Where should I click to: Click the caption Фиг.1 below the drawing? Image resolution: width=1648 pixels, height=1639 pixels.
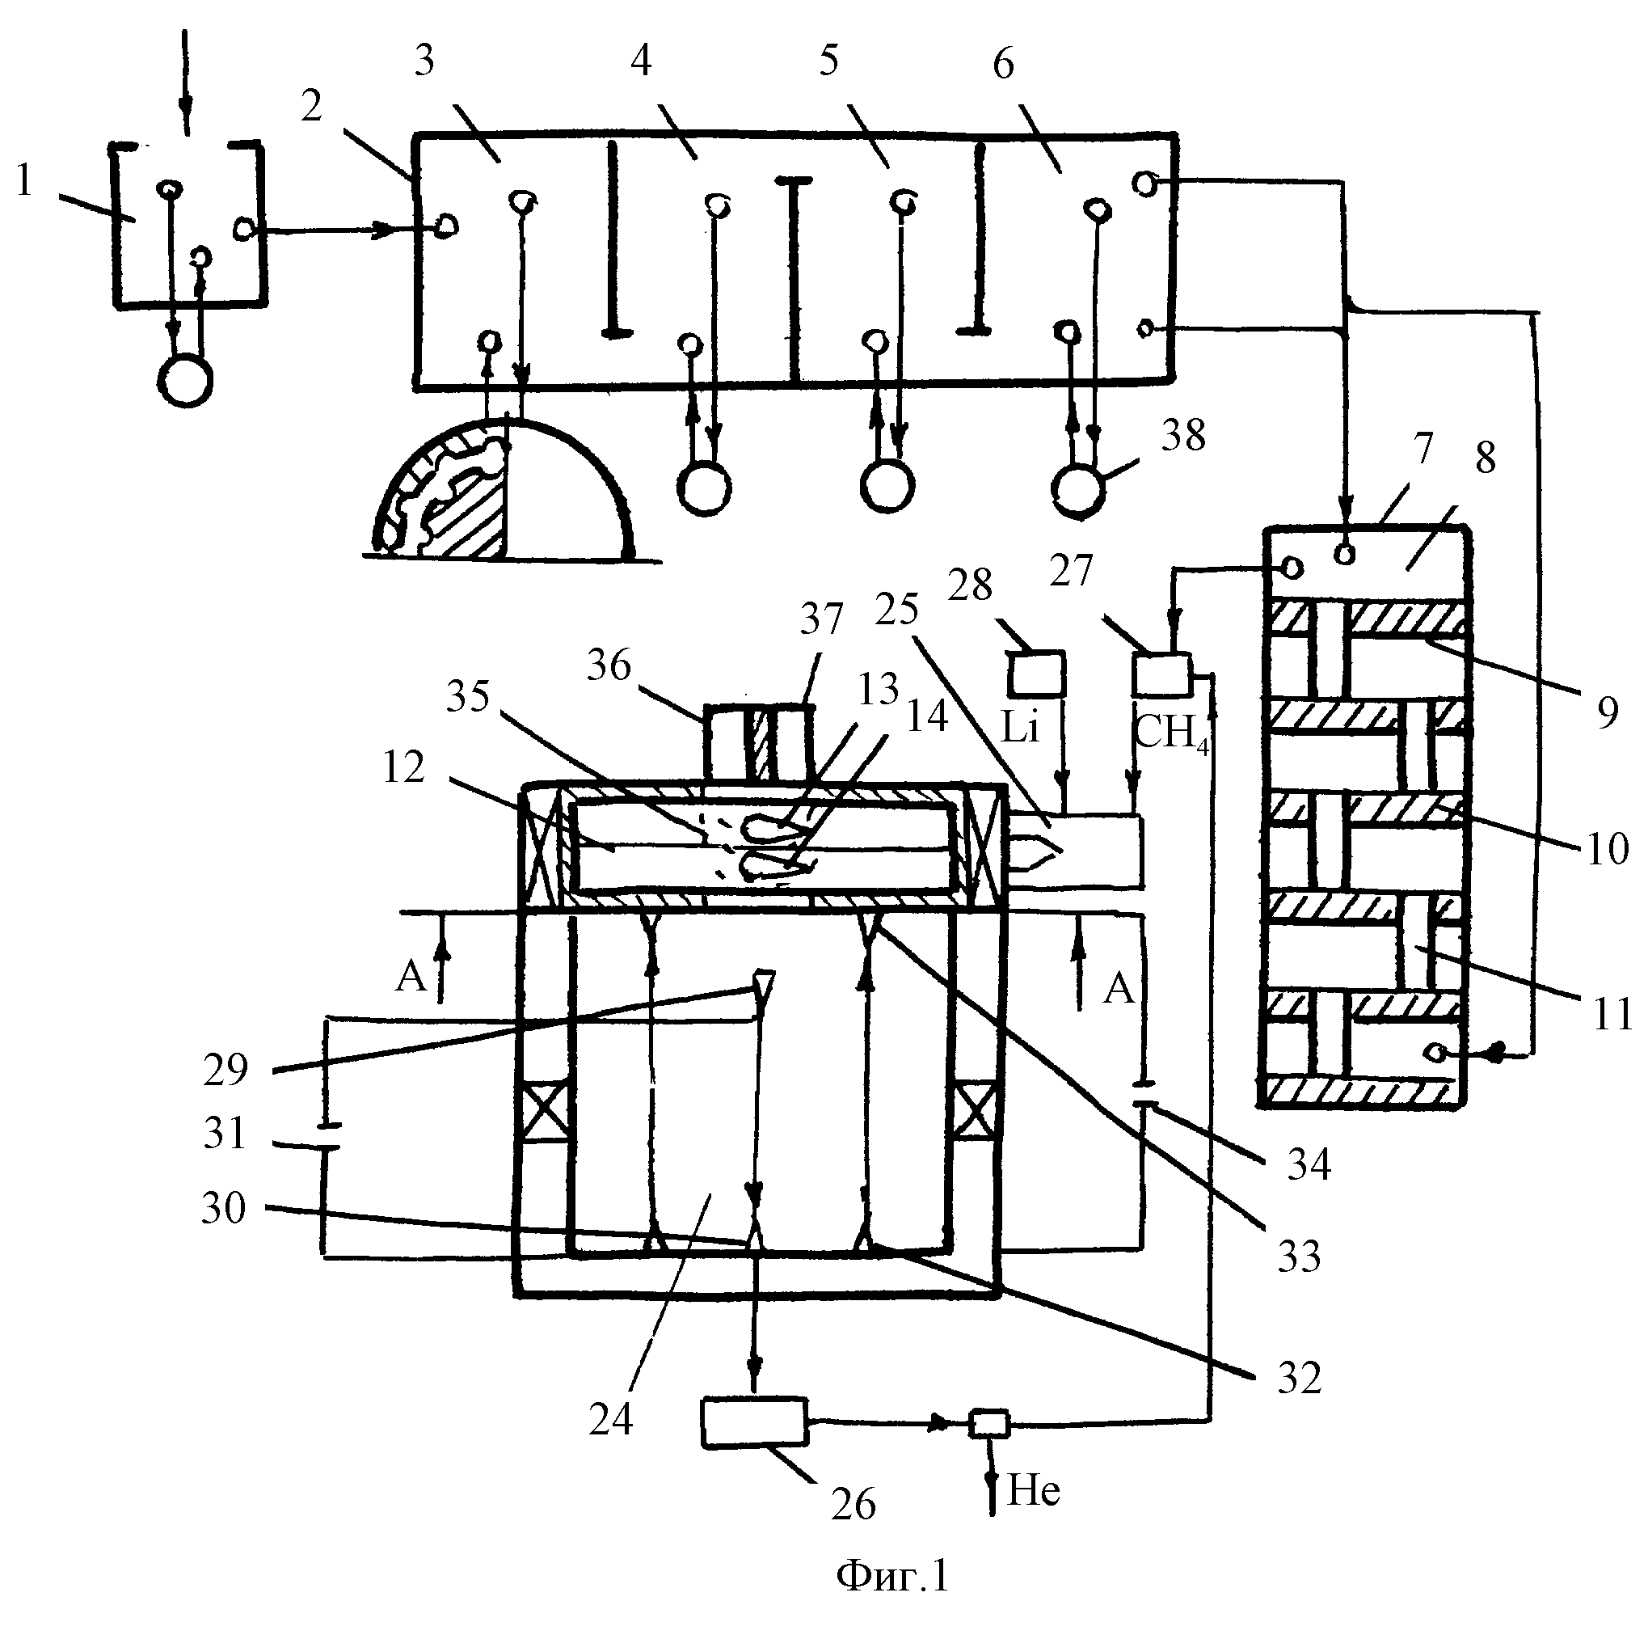pyautogui.click(x=893, y=1575)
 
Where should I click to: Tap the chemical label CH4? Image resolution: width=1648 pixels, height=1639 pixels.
pyautogui.click(x=1171, y=732)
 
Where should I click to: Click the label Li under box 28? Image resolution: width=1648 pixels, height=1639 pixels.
pyautogui.click(x=1020, y=727)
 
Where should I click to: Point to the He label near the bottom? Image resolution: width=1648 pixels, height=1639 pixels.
pyautogui.click(x=1034, y=1490)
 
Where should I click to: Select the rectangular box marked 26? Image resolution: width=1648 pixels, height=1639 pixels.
pyautogui.click(x=754, y=1422)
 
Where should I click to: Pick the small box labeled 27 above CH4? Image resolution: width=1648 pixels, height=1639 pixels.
pyautogui.click(x=1161, y=674)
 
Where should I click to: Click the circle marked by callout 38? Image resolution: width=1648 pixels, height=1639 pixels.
pyautogui.click(x=1078, y=489)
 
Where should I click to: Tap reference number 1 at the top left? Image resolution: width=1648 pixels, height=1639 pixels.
pyautogui.click(x=24, y=180)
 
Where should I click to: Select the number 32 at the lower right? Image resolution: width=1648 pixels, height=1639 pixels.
pyautogui.click(x=1299, y=1378)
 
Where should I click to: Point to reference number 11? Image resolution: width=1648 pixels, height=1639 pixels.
pyautogui.click(x=1612, y=1015)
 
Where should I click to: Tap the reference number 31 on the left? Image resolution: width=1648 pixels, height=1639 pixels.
pyautogui.click(x=225, y=1133)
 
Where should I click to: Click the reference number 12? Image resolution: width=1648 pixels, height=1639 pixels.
pyautogui.click(x=403, y=767)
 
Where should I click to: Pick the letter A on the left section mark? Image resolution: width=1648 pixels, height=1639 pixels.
pyautogui.click(x=411, y=975)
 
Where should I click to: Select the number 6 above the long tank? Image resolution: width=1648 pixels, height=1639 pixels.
pyautogui.click(x=1003, y=64)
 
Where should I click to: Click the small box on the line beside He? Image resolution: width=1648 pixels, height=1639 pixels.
pyautogui.click(x=988, y=1423)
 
